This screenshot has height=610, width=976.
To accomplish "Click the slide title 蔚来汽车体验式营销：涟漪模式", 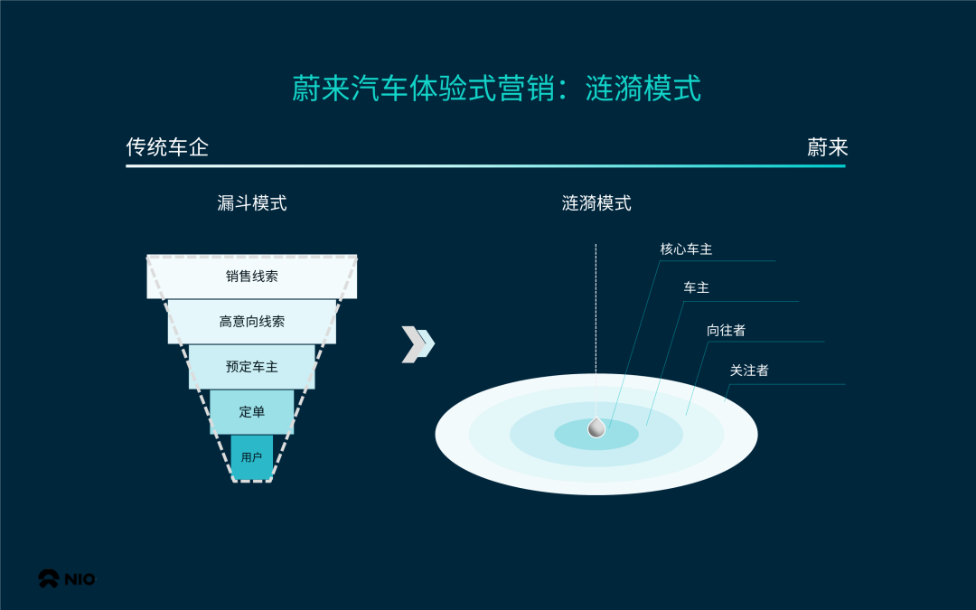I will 496,89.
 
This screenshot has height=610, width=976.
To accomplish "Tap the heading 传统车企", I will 167,147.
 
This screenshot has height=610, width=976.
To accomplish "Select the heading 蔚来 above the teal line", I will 827,147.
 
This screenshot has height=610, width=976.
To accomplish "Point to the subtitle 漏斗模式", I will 252,203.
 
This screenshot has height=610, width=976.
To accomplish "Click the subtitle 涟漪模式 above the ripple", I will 596,203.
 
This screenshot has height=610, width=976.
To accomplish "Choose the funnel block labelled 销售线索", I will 252,277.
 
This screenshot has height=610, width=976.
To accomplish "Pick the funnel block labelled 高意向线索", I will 252,322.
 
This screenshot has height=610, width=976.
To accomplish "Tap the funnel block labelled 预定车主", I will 252,367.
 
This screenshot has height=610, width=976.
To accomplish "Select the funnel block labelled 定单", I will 252,412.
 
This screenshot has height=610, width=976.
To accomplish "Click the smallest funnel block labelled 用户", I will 251,457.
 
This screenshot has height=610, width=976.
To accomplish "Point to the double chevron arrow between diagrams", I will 418,344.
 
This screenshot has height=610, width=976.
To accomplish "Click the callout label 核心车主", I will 686,249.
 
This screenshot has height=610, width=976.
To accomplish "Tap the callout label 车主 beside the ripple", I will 696,288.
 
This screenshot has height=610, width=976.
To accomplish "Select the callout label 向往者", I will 726,331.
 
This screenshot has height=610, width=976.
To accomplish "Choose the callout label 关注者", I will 749,371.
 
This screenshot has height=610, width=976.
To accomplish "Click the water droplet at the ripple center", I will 596,427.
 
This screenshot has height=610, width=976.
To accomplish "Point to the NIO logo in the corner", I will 66,579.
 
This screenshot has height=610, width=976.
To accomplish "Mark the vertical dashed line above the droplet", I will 596,307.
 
